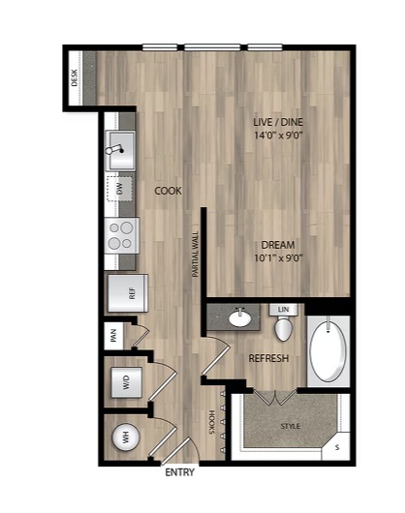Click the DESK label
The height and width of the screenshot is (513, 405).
point(75,77)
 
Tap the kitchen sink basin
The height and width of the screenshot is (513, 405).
point(120,150)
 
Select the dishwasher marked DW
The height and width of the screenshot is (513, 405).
point(119,189)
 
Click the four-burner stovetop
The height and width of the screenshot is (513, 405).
point(121,235)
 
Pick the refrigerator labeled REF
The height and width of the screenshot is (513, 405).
point(128,293)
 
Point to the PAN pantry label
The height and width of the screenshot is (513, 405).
point(113,336)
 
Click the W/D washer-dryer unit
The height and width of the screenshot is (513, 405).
point(127,382)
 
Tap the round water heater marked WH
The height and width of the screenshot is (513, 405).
point(126,438)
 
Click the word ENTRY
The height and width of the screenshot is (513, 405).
point(180,472)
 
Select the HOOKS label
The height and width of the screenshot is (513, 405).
point(211,422)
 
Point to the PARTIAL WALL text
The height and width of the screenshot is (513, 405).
point(196,255)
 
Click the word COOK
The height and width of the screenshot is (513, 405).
point(168,191)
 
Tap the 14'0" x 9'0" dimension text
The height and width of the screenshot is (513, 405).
point(278,136)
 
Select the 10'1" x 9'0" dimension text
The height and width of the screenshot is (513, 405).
point(278,258)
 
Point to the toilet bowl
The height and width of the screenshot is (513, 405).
point(283,329)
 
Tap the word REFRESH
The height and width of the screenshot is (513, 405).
point(268,358)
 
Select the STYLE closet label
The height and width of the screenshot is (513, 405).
point(291,426)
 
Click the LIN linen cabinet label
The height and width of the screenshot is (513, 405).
point(283,309)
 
